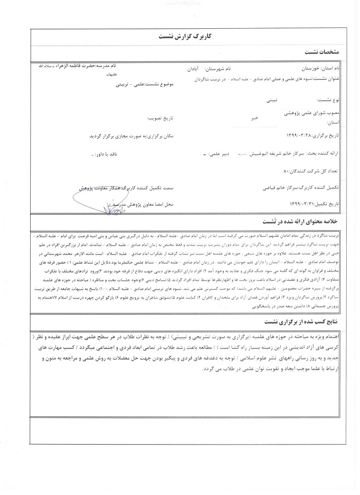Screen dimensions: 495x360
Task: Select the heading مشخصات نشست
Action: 321,52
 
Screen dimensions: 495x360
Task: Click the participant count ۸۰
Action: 282,170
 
